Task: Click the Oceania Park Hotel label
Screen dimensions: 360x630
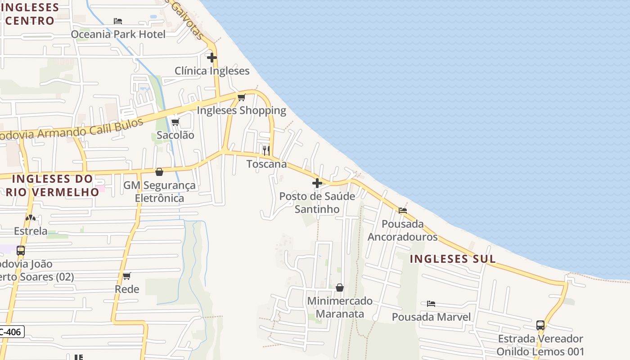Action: click(118, 34)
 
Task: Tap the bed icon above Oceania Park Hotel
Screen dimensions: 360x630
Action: click(118, 21)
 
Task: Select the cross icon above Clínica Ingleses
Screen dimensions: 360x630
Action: click(211, 58)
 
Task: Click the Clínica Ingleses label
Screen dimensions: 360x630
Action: click(212, 71)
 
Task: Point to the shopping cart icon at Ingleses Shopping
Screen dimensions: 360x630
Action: click(242, 97)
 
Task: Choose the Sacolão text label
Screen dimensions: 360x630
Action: click(175, 135)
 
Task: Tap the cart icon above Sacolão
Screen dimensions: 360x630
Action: click(175, 122)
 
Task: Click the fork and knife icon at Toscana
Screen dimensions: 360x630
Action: click(266, 150)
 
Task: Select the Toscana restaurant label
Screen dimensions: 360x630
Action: click(266, 164)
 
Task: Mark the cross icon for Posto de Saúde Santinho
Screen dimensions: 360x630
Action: click(317, 183)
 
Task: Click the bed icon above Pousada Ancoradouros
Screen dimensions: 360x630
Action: click(403, 210)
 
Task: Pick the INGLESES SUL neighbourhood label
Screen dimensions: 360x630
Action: click(453, 259)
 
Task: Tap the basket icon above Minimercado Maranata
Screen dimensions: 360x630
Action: click(340, 288)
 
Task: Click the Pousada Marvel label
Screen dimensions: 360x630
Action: click(431, 317)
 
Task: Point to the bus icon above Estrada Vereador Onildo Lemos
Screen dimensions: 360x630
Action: click(540, 325)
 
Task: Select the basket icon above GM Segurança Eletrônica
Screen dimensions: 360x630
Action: click(159, 172)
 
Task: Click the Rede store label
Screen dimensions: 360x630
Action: click(127, 289)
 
